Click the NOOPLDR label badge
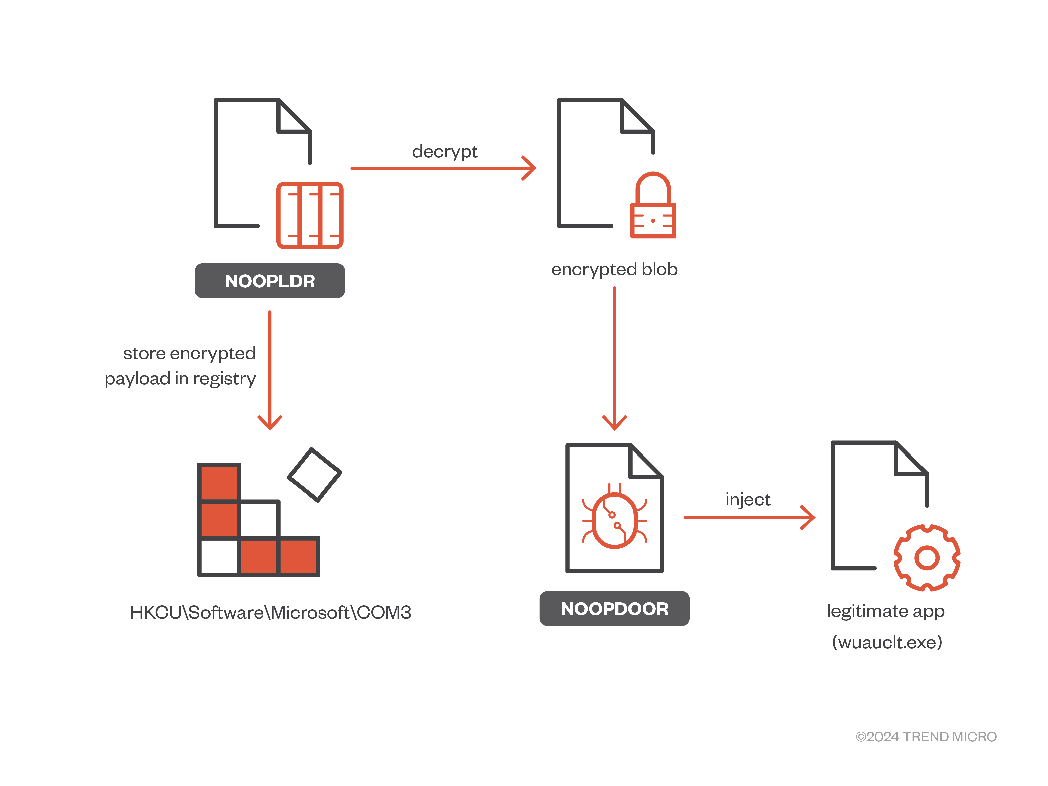(x=270, y=281)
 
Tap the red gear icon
(x=927, y=558)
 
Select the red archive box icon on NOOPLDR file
(x=310, y=216)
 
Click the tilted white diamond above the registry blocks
(x=315, y=475)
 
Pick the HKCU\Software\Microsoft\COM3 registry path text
(x=271, y=613)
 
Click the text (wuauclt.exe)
(x=887, y=642)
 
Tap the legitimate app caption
(x=886, y=611)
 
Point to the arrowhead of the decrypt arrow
(x=531, y=168)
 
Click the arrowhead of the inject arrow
(x=809, y=517)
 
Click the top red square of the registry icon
(x=219, y=482)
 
